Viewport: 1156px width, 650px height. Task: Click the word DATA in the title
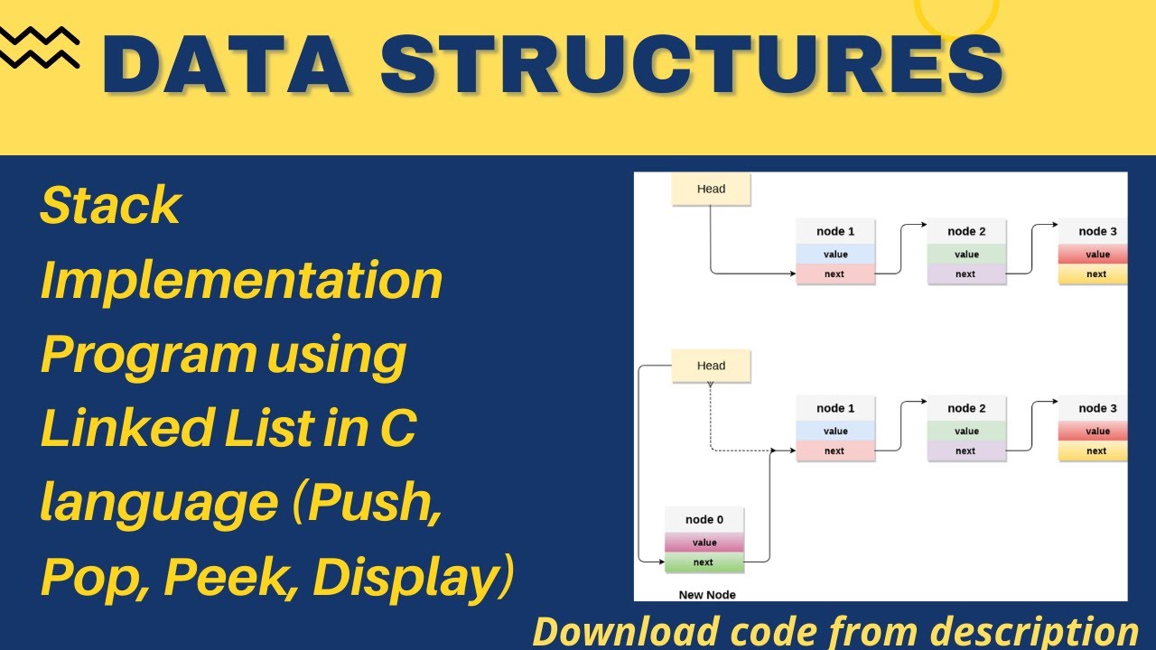pos(226,65)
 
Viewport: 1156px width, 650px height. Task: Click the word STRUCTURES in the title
pos(691,65)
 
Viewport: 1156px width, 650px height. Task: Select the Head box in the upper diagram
pos(711,189)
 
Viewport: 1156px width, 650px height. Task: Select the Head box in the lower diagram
pos(711,366)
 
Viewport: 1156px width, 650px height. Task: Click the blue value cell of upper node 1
pos(835,255)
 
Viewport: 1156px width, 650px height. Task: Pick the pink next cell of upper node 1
pos(835,274)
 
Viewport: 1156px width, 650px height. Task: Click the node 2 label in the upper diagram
pos(966,232)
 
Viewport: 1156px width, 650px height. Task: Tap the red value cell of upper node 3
pos(1095,255)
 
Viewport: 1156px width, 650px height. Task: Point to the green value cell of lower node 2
pos(966,432)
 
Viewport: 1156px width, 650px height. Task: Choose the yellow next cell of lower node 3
pos(1095,451)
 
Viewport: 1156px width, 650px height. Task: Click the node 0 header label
pos(704,519)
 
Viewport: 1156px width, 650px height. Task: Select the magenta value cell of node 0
pos(704,543)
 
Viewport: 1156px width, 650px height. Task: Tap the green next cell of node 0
pos(704,562)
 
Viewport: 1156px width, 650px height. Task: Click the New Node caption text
pos(707,595)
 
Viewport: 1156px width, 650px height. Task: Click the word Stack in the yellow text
pos(110,207)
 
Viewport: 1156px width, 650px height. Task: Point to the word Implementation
pos(241,281)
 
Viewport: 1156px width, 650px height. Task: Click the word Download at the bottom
pos(627,631)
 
